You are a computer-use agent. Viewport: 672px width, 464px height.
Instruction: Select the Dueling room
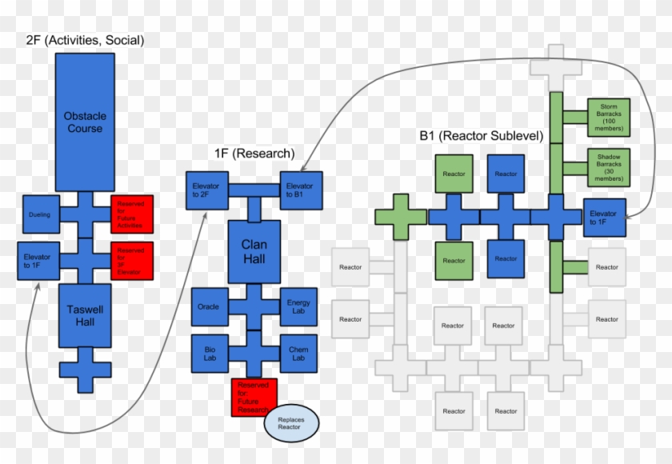(40, 214)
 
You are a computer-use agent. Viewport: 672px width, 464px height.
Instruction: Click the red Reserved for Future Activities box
(132, 214)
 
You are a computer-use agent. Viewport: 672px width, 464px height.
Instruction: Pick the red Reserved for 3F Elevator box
(132, 261)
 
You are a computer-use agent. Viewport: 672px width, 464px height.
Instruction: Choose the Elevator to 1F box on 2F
(38, 261)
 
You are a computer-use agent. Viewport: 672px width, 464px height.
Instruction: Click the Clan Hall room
(254, 253)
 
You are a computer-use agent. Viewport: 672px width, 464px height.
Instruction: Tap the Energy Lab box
(299, 307)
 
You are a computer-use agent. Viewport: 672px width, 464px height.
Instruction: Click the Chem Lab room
(299, 354)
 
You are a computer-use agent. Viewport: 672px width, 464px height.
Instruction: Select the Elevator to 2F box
(206, 190)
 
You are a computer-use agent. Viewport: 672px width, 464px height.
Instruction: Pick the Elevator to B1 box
(301, 190)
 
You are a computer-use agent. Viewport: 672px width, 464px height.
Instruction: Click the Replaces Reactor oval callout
(290, 422)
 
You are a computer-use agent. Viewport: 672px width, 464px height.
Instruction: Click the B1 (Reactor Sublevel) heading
(481, 136)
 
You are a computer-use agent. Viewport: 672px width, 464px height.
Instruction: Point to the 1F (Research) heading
(254, 153)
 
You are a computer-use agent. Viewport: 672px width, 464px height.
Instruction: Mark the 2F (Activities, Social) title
(85, 40)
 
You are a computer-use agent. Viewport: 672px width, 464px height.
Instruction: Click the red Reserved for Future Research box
(254, 398)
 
